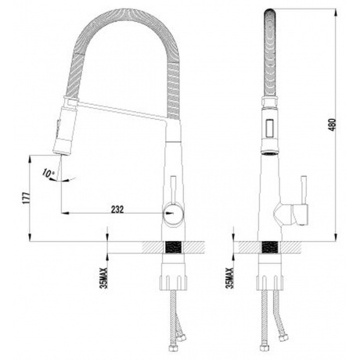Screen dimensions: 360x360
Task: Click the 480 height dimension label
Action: click(x=333, y=125)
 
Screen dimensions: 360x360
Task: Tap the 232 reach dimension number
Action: click(x=117, y=209)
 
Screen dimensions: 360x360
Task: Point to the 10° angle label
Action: click(x=49, y=174)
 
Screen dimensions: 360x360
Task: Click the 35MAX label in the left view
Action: click(x=104, y=278)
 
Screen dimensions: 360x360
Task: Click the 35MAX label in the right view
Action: click(x=229, y=278)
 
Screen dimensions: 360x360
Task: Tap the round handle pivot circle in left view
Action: click(x=173, y=214)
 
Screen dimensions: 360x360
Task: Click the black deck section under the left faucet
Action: click(x=174, y=247)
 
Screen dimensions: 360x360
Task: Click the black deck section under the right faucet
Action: click(x=270, y=247)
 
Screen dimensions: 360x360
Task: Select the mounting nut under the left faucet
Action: click(x=173, y=283)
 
